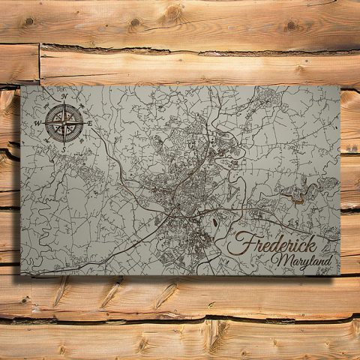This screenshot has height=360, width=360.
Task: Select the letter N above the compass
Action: pos(65,97)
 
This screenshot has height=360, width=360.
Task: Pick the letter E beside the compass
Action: pos(89,123)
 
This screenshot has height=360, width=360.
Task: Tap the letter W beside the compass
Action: pos(38,122)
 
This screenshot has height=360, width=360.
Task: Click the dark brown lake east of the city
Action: pos(295,196)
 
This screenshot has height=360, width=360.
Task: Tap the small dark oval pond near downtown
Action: pos(216,222)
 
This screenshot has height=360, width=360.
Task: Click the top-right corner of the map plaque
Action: pos(339,87)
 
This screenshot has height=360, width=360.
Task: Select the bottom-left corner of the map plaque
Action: pos(22,276)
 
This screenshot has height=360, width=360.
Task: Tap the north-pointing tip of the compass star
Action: pos(64,104)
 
